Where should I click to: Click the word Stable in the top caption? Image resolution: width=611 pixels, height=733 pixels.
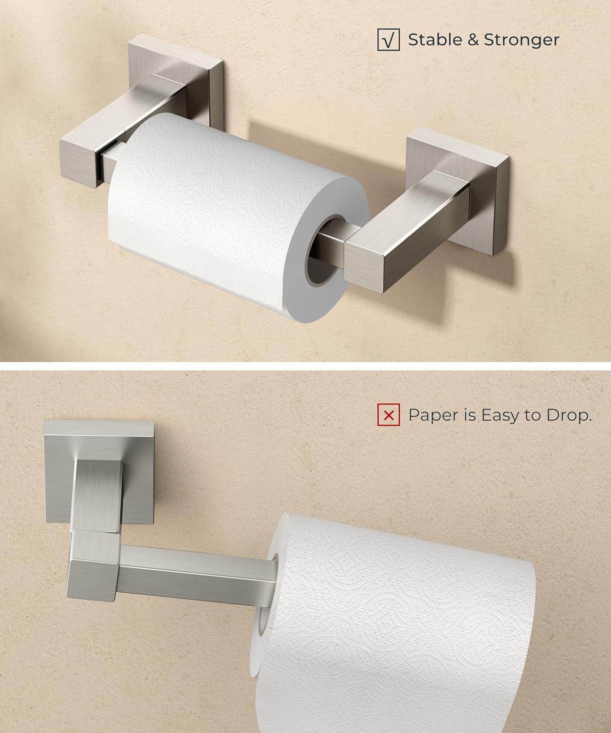pyautogui.click(x=435, y=40)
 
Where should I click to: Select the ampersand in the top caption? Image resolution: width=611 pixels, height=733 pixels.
pyautogui.click(x=473, y=40)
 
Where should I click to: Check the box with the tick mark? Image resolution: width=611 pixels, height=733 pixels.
pyautogui.click(x=389, y=40)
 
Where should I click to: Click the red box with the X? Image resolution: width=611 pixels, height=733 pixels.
pyautogui.click(x=389, y=414)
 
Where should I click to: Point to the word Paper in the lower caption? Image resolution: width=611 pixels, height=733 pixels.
pyautogui.click(x=433, y=416)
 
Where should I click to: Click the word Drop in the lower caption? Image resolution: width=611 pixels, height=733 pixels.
pyautogui.click(x=568, y=416)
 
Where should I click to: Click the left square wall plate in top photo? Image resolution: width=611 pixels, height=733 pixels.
pyautogui.click(x=175, y=81)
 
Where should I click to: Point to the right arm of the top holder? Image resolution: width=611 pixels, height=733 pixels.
pyautogui.click(x=407, y=232)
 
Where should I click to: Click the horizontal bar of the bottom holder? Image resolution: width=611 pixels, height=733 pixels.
pyautogui.click(x=196, y=576)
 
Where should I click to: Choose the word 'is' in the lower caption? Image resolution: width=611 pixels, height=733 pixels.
pyautogui.click(x=470, y=415)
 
